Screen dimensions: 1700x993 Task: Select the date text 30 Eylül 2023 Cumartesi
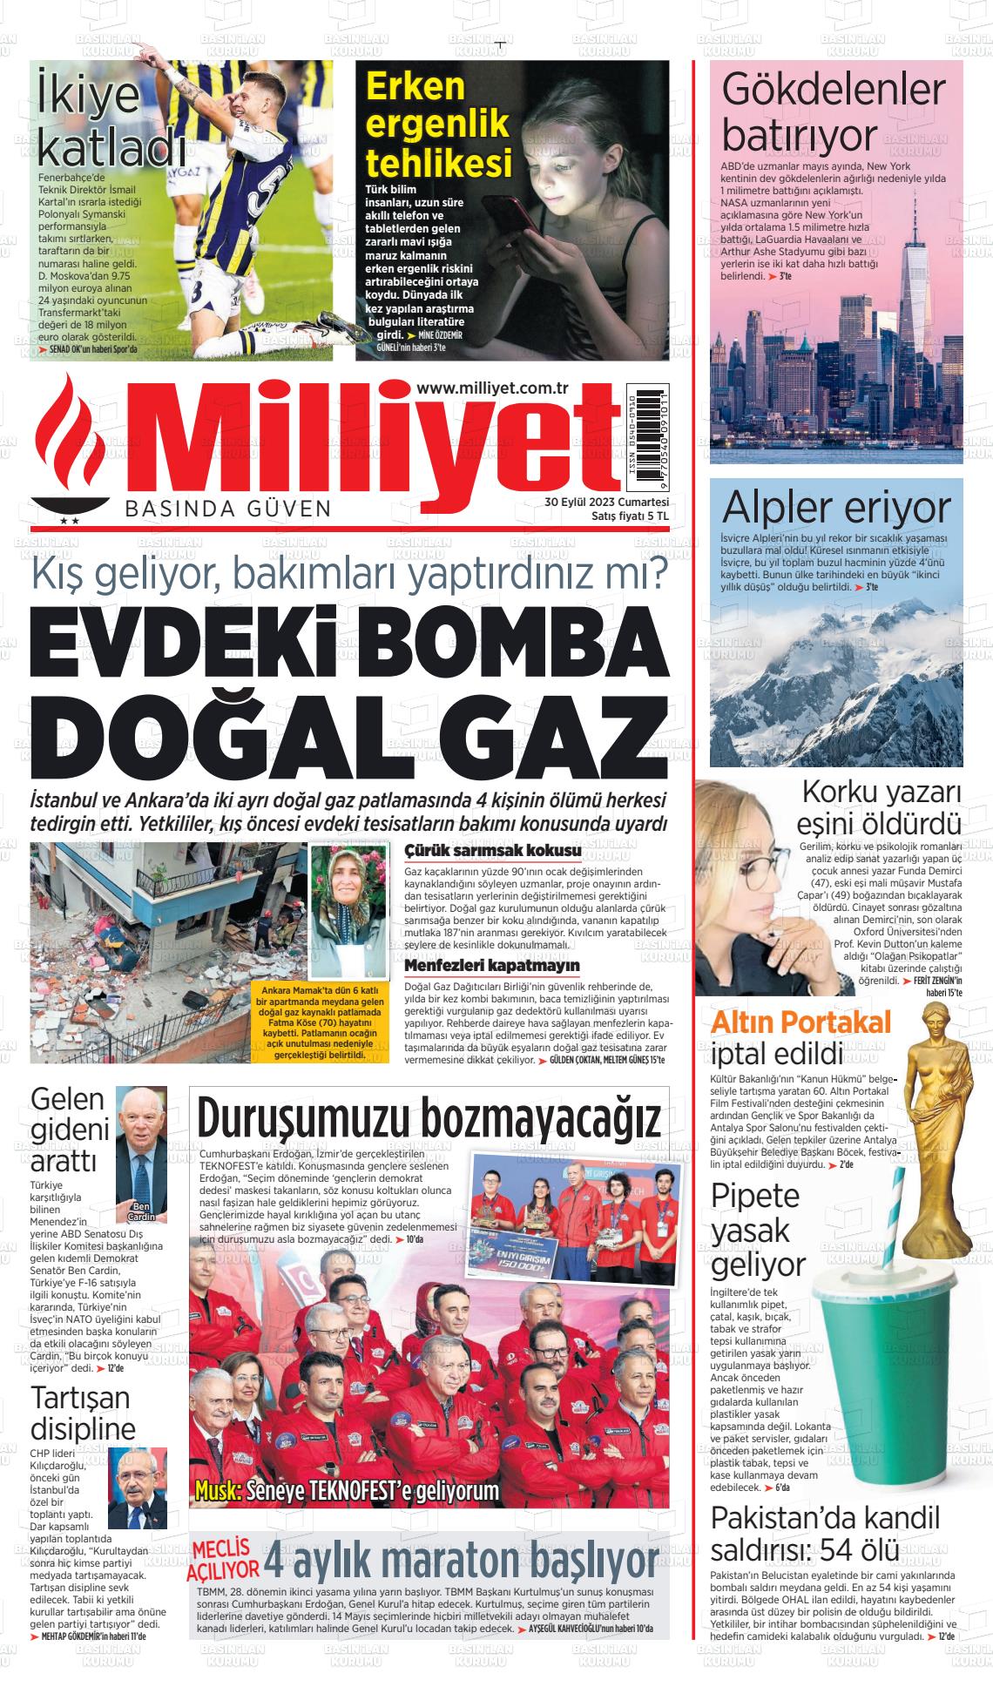pos(606,503)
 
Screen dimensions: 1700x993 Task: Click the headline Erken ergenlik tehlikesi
pos(438,125)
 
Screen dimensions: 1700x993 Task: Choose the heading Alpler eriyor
pos(836,507)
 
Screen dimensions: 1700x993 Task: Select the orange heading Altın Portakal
pos(801,1022)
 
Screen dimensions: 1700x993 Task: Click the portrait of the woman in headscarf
pos(348,909)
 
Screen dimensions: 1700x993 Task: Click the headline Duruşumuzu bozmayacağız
pos(429,1116)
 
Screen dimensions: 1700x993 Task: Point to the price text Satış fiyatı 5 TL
pos(630,516)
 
